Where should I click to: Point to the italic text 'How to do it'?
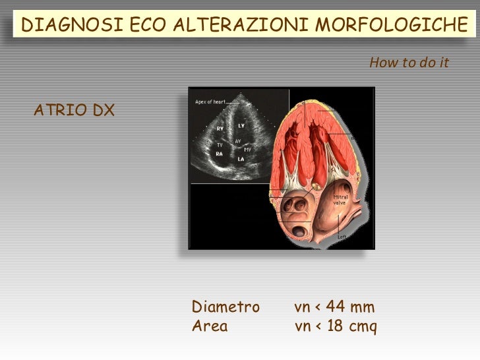(409, 63)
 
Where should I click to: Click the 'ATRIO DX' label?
(75, 110)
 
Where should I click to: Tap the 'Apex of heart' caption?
(210, 102)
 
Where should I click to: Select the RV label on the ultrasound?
(220, 129)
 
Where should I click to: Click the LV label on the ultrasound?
(241, 125)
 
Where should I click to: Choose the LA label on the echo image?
(241, 158)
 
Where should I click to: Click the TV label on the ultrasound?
(219, 144)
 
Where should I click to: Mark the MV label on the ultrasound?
(247, 150)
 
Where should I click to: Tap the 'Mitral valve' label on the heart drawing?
(341, 200)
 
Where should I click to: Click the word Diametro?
(225, 307)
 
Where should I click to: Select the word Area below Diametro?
(210, 326)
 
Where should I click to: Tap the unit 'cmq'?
(363, 326)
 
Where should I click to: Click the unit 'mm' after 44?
(363, 307)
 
